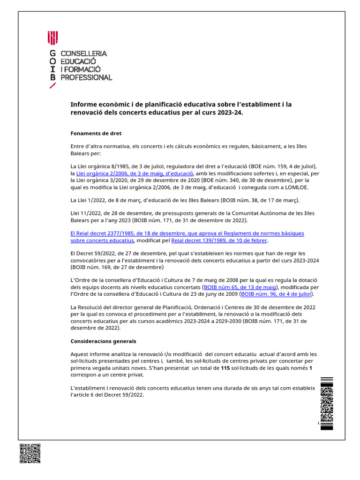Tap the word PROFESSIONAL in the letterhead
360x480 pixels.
pyautogui.click(x=87, y=77)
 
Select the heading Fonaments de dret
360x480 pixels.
pyautogui.click(x=96, y=133)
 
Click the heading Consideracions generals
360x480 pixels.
pyautogui.click(x=103, y=341)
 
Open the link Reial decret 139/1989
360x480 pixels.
pyautogui.click(x=219, y=240)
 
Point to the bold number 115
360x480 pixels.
pyautogui.click(x=225, y=368)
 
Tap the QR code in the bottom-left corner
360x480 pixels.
pyautogui.click(x=30, y=453)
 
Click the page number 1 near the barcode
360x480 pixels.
pyautogui.click(x=318, y=423)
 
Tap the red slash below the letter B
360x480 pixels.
pyautogui.click(x=53, y=86)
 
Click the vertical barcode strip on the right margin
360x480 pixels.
pyautogui.click(x=326, y=403)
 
